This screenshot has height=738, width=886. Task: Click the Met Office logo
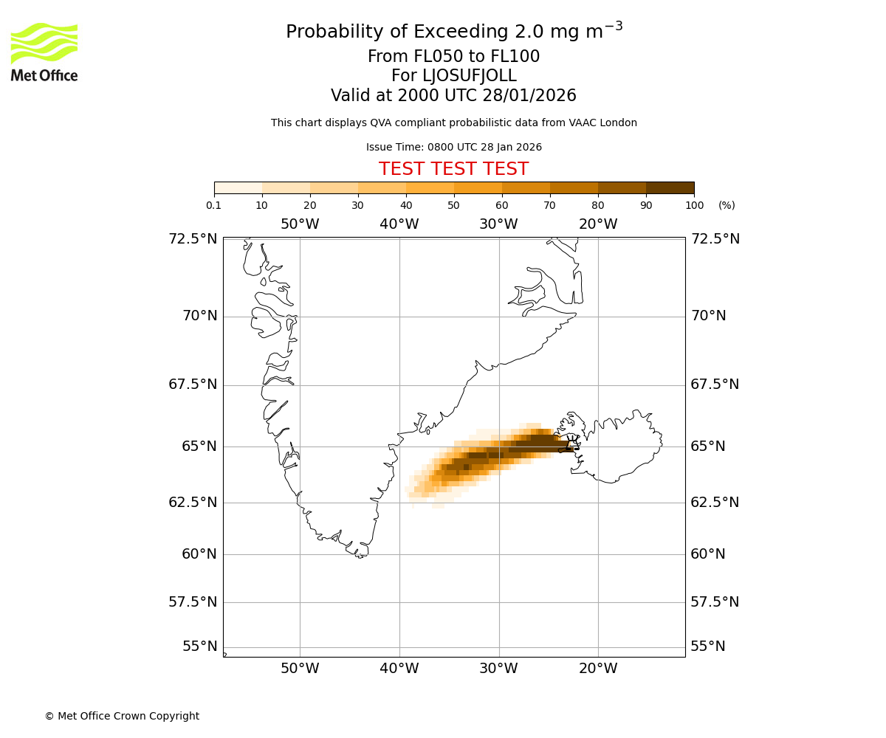point(44,52)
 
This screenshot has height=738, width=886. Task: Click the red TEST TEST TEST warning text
point(453,169)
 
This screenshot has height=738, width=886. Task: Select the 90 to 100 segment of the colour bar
point(670,187)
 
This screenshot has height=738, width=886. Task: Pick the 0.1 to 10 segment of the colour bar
point(238,187)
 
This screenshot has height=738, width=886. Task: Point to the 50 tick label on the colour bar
point(453,205)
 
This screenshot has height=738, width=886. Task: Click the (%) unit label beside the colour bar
point(727,205)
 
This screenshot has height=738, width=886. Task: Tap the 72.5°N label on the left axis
point(193,239)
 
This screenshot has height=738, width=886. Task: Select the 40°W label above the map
point(399,224)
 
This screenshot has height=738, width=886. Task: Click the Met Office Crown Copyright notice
point(122,716)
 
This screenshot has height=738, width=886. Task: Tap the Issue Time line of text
point(453,148)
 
